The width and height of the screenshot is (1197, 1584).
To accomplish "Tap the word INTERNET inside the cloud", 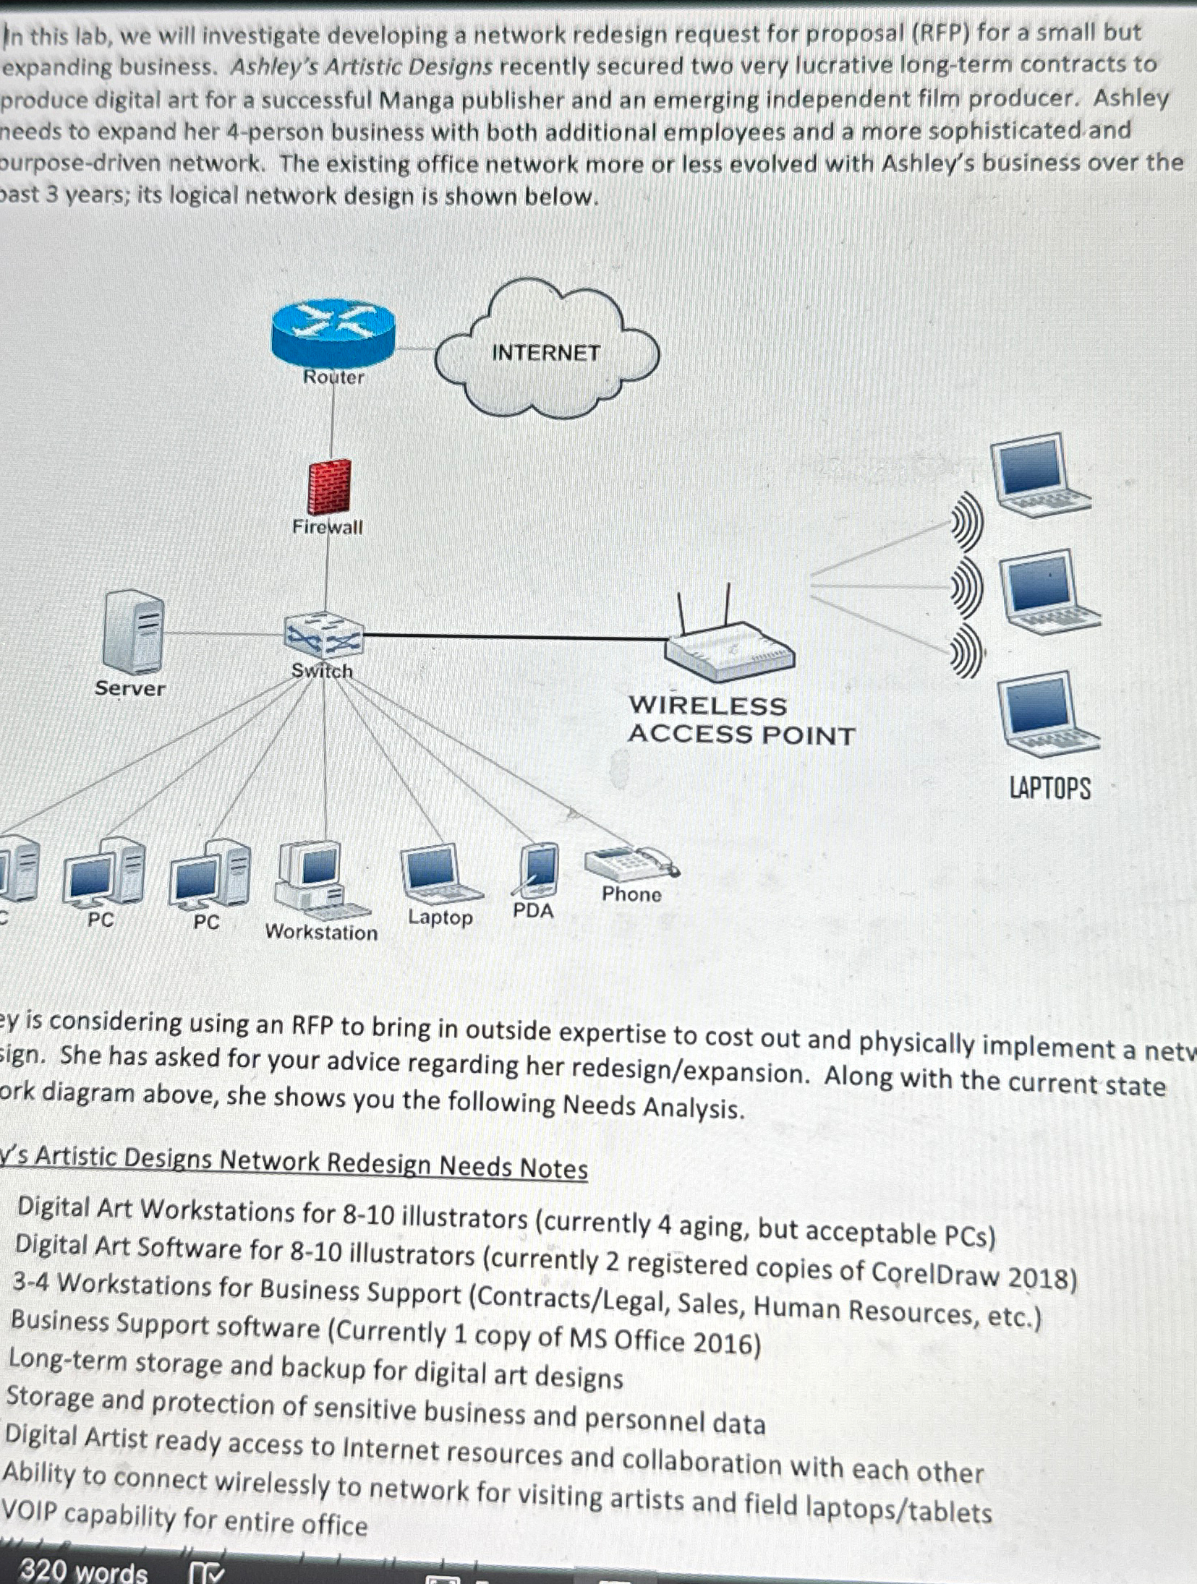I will [546, 353].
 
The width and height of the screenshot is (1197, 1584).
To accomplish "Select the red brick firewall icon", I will [329, 487].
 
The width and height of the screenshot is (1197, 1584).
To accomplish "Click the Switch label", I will [322, 671].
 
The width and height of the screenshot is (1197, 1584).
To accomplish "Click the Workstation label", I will [321, 932].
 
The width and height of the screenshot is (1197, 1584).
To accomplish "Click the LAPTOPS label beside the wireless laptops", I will [1049, 787].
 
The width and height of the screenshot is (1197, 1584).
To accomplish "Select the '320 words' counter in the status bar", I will [83, 1570].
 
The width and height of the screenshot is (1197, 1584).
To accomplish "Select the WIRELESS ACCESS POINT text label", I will [741, 720].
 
